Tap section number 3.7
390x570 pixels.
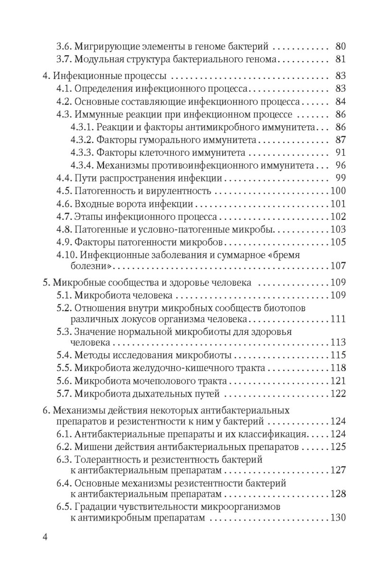coord(64,59)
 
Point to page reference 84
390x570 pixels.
coord(341,102)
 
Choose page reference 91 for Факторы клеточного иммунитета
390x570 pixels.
coord(341,153)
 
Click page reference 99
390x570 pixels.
coord(341,179)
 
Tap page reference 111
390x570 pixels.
coord(338,318)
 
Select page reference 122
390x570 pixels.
coord(338,394)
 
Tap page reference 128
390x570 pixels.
coord(338,494)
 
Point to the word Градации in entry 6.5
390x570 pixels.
coord(95,507)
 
